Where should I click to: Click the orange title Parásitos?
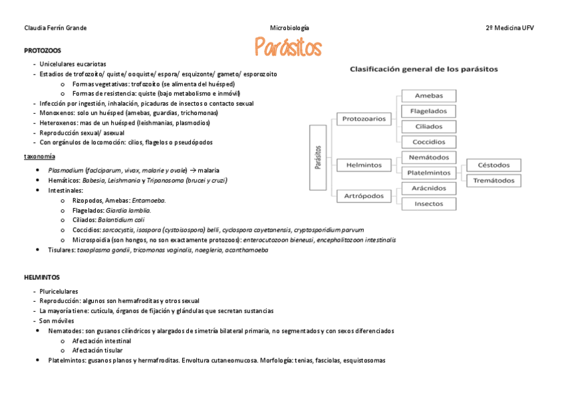pos(288,48)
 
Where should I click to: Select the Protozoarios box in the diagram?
pos(364,119)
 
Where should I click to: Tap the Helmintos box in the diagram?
pos(364,164)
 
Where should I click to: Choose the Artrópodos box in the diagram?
pos(364,196)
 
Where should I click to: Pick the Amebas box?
pos(428,96)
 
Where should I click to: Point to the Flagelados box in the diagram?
pos(428,111)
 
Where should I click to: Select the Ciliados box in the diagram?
pos(428,126)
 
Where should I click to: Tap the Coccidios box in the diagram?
pos(428,142)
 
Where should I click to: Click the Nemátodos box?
pos(428,157)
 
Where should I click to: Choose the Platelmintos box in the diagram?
pos(428,173)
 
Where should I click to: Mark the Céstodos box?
pos(493,165)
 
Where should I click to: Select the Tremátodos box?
pos(493,180)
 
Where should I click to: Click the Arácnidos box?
pos(428,189)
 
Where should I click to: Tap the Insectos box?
pos(428,204)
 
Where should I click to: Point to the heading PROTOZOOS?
pos(43,50)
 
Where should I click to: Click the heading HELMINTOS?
pos(42,276)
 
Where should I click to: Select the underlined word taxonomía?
pos(39,156)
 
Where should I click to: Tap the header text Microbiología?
pos(289,28)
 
